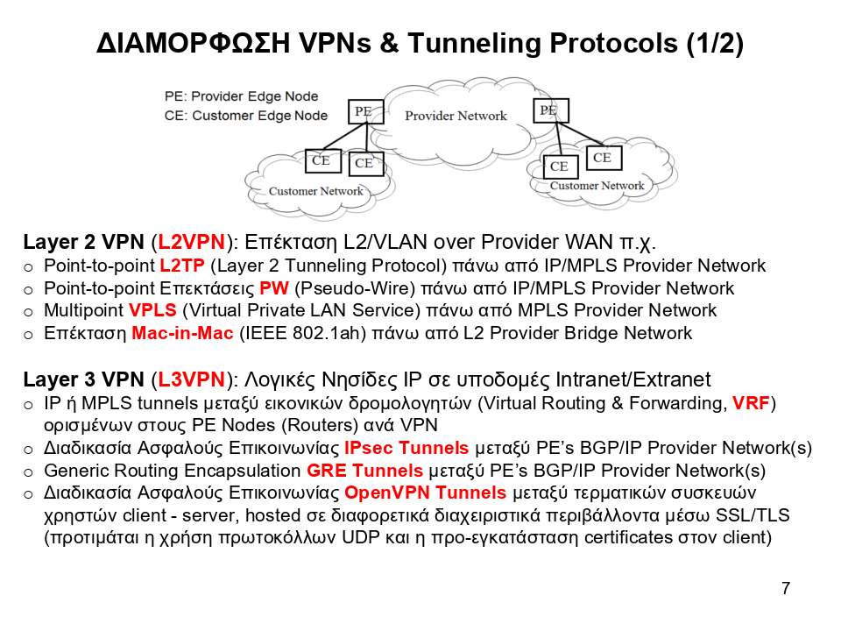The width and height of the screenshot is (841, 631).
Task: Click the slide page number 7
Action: tap(786, 588)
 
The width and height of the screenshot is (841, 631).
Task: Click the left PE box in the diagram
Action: tap(363, 111)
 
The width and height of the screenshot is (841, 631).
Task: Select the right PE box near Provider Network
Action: tap(549, 110)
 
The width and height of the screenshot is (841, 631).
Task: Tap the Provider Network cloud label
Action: tap(456, 116)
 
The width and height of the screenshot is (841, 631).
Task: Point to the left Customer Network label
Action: tap(315, 191)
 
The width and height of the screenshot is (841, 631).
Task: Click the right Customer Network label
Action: tap(597, 186)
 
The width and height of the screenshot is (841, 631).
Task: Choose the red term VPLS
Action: tap(152, 310)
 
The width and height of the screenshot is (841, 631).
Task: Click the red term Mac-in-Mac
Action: tap(182, 333)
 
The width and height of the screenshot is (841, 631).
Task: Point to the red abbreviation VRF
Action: tap(751, 403)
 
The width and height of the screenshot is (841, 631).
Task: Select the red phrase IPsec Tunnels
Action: tap(406, 448)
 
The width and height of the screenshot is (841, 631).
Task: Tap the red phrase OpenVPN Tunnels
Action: tap(425, 493)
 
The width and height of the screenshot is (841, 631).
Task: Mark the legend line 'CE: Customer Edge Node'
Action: tap(245, 116)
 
